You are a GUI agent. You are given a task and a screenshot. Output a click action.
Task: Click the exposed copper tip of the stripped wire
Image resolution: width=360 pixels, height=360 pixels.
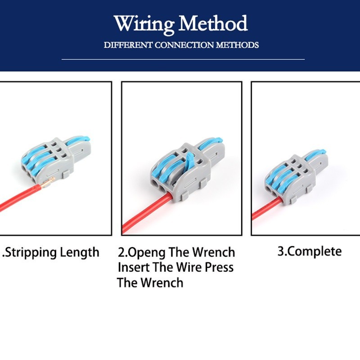pos(49,182)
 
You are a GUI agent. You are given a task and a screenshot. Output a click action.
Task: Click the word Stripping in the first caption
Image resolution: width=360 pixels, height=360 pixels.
pos(34,252)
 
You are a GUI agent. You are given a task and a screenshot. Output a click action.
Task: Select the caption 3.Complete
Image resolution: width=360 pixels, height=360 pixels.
pos(309,251)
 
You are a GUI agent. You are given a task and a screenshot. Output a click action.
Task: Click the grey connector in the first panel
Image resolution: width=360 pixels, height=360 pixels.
pos(49,157)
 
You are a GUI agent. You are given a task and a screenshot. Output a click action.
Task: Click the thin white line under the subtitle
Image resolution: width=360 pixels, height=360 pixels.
pos(183,59)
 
